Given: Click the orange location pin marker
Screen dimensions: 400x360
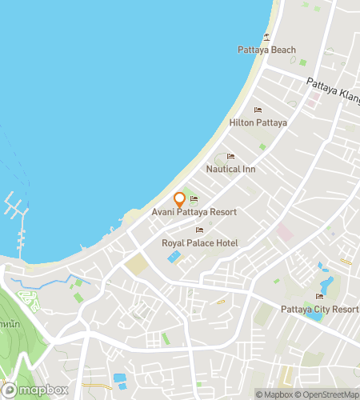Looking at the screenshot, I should click(x=180, y=200).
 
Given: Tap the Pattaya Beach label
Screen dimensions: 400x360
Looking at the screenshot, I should click(x=266, y=50).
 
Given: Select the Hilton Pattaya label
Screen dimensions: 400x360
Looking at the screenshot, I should click(x=258, y=122).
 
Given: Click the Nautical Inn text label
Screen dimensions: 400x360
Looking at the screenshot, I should click(x=230, y=169).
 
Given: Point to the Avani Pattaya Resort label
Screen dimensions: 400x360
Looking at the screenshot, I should click(x=194, y=212).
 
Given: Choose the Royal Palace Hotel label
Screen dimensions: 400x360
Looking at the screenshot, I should click(x=199, y=242).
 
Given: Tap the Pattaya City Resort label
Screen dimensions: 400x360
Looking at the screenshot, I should click(x=319, y=309).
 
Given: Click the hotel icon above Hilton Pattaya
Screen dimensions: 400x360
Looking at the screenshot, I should click(x=258, y=110).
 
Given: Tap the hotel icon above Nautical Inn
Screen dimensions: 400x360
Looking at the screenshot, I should click(x=230, y=156).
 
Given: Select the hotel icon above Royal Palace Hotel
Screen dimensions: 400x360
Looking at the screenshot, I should click(x=199, y=230).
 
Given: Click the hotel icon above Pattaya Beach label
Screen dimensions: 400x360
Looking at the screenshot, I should click(x=266, y=37).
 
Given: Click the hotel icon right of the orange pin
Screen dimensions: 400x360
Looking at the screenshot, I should click(x=194, y=199).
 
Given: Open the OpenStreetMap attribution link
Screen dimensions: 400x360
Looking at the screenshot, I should click(x=327, y=394).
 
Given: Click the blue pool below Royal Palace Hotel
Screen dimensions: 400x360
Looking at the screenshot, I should click(x=173, y=257).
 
